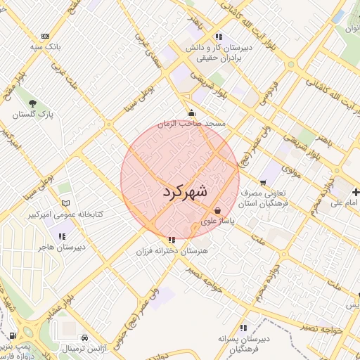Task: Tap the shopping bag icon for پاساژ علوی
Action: point(217,210)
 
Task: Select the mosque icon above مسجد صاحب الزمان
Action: point(191,113)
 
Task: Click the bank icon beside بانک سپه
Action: point(46,37)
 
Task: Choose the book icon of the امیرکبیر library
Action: point(66,203)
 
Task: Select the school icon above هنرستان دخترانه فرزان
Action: point(173,240)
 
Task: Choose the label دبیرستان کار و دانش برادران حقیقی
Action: point(219,53)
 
